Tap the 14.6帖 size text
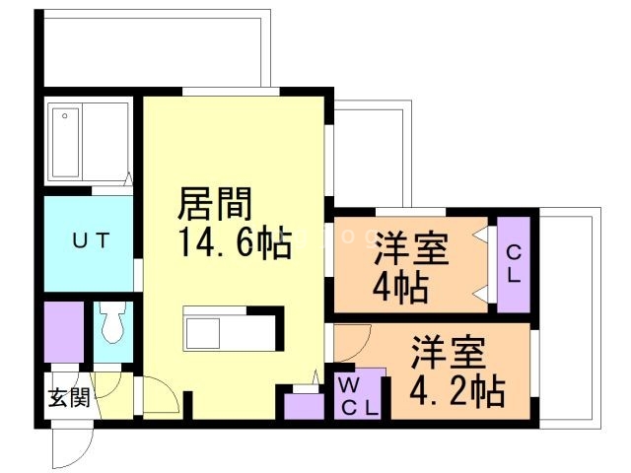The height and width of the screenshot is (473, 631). click(x=234, y=241)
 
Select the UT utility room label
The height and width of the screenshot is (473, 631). click(x=90, y=239)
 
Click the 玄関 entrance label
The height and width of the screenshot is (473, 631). click(x=69, y=399)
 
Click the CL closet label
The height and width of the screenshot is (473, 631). click(x=514, y=264)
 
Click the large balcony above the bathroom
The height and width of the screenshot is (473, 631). click(x=156, y=49)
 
